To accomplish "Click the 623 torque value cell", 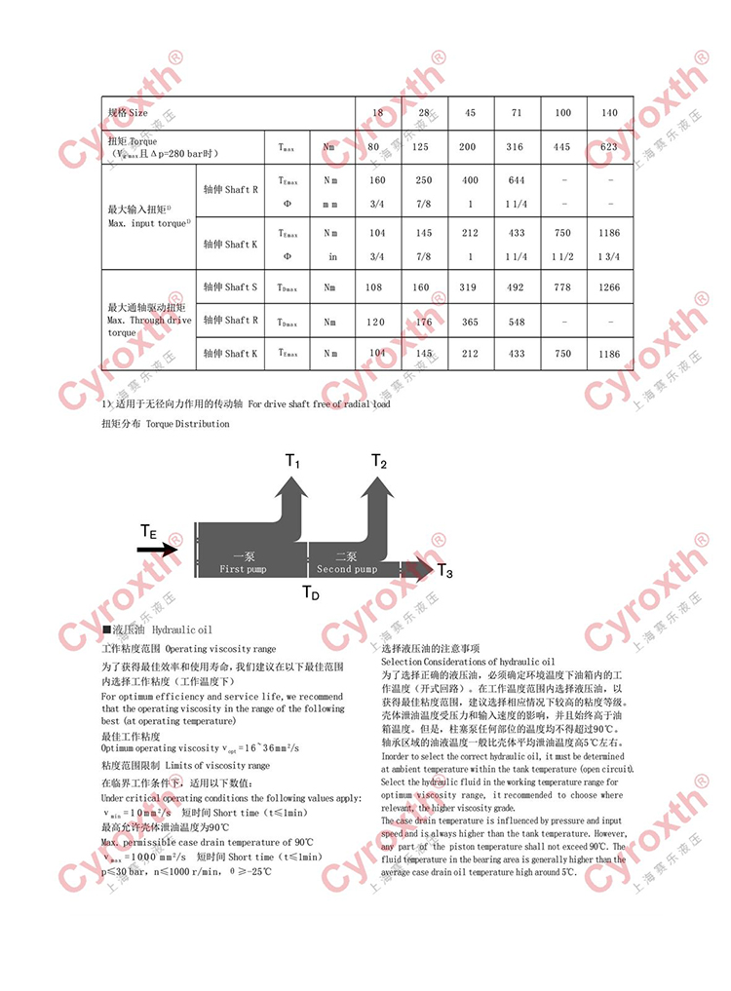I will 609,147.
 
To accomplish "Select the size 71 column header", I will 517,113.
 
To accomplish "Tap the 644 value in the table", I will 517,180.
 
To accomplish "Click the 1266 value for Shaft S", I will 609,287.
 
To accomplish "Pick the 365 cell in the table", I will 470,321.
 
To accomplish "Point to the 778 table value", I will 562,287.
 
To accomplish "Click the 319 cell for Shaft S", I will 470,287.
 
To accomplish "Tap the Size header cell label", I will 128,113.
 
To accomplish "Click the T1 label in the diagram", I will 292,464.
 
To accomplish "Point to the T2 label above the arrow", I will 379,463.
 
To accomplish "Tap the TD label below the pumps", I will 310,592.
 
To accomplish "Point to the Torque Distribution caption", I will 166,424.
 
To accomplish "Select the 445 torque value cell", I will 562,147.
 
